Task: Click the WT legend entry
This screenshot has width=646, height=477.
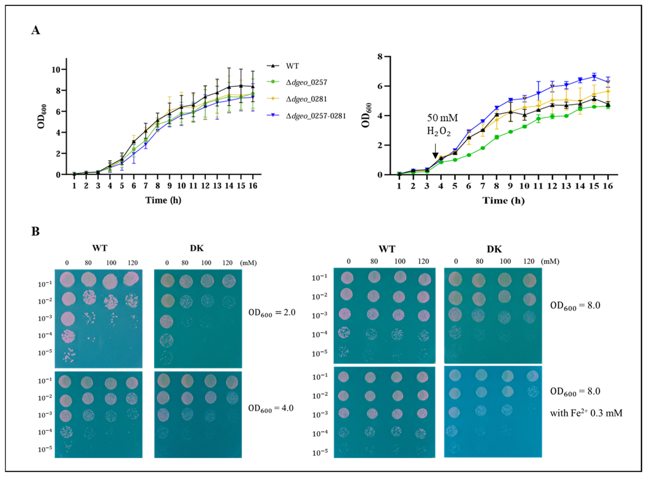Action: (292, 66)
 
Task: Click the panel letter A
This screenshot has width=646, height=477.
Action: (36, 30)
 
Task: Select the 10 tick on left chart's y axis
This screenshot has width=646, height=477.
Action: (56, 70)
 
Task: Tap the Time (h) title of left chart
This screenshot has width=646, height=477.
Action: (163, 200)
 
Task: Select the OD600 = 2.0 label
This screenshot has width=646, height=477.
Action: (272, 313)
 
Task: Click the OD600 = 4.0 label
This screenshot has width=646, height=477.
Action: (271, 408)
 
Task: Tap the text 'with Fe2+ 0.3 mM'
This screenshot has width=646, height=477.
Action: (586, 413)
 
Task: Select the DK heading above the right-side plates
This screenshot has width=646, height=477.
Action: (494, 249)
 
